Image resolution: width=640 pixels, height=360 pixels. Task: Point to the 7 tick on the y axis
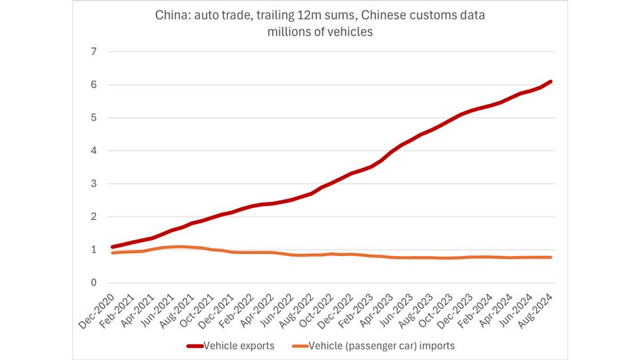click(93, 52)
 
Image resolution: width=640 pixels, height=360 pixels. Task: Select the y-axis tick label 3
click(93, 184)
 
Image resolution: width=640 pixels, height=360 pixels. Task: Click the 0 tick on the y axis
click(93, 283)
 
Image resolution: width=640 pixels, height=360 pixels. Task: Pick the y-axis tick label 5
click(93, 118)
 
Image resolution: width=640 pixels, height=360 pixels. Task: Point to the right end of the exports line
click(551, 81)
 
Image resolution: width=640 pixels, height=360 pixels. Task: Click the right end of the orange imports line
click(551, 257)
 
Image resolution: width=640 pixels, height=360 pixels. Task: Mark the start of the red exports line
click(112, 247)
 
